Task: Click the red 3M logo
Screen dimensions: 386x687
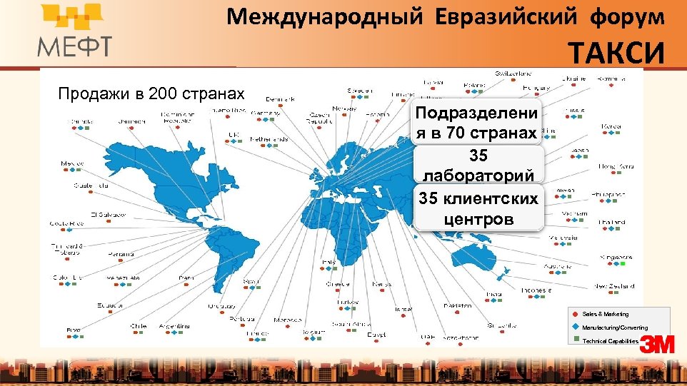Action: [657, 345]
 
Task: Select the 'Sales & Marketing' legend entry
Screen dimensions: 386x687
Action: [605, 314]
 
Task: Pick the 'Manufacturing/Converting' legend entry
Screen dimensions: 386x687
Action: [614, 327]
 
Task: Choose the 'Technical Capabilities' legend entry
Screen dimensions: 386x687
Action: [610, 341]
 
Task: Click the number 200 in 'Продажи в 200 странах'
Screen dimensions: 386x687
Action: [154, 93]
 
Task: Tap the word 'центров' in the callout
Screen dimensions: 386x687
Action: [478, 218]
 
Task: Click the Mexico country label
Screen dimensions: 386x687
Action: [72, 163]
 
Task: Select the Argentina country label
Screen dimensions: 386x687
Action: [175, 326]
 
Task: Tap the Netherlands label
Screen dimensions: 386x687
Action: [269, 139]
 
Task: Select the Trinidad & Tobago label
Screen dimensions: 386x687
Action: [67, 249]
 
